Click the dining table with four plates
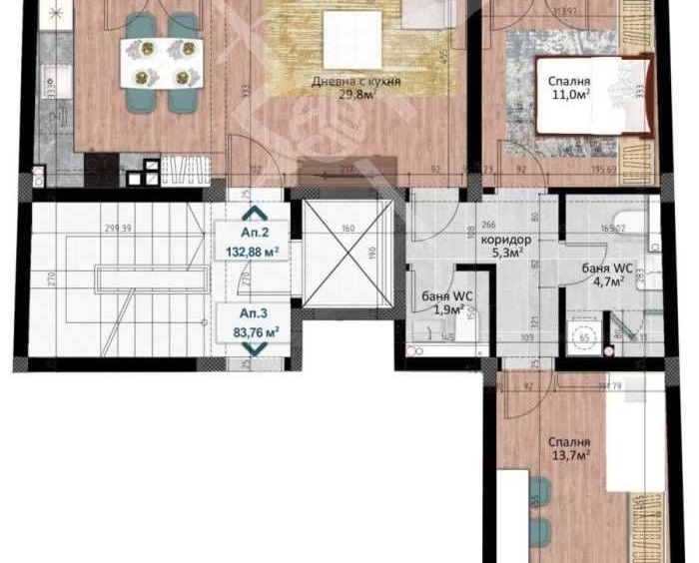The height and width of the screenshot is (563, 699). tap(160, 62)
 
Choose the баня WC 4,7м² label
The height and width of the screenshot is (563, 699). tap(604, 275)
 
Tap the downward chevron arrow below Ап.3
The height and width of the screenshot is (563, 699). tap(250, 349)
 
